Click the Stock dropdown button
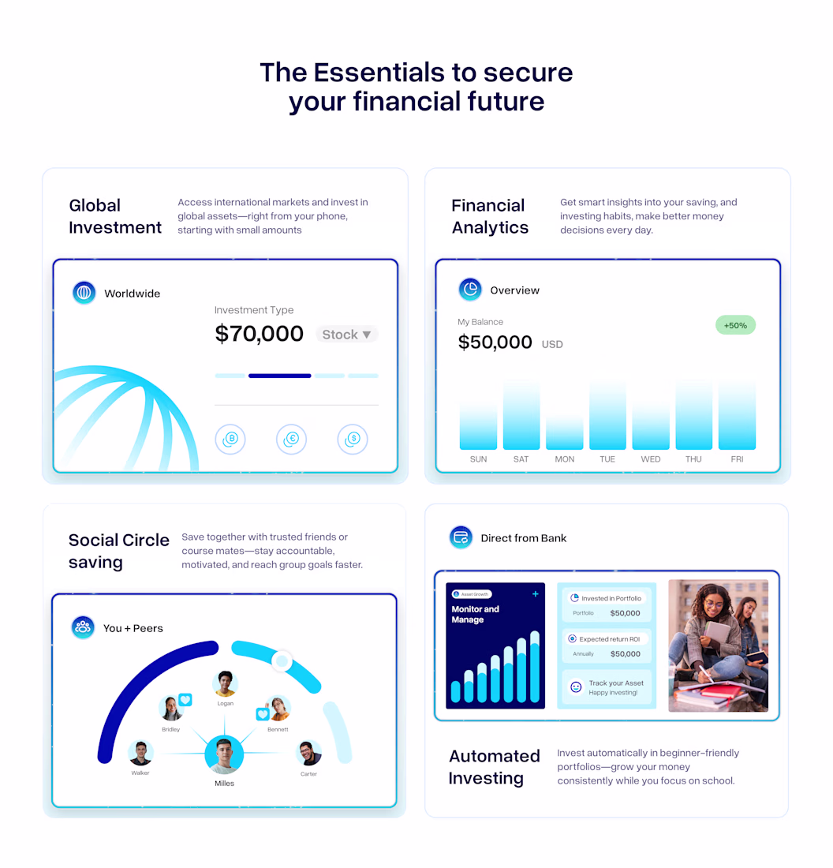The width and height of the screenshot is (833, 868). click(x=347, y=335)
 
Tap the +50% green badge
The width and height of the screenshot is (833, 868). click(x=736, y=325)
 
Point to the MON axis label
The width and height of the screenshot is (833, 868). click(x=565, y=459)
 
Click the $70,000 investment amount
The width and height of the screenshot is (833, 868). click(x=259, y=334)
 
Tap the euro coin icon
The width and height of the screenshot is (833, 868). click(x=291, y=439)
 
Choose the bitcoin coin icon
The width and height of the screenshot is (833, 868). click(x=230, y=439)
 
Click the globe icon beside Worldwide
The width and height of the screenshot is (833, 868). click(x=84, y=292)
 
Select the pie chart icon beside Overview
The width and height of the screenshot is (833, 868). click(x=470, y=290)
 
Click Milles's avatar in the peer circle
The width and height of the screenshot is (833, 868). click(x=224, y=754)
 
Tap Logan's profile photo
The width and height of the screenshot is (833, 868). click(x=226, y=684)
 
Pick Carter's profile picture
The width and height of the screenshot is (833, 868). click(x=309, y=754)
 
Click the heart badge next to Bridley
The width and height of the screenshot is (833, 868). click(x=185, y=700)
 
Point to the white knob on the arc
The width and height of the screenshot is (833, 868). click(x=282, y=660)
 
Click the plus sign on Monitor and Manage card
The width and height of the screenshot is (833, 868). click(x=536, y=594)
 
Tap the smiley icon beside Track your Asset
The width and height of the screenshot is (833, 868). click(x=576, y=687)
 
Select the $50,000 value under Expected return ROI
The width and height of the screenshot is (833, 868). click(x=626, y=654)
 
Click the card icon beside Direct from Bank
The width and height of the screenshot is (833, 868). click(x=461, y=537)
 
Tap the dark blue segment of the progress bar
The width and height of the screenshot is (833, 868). click(x=279, y=376)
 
